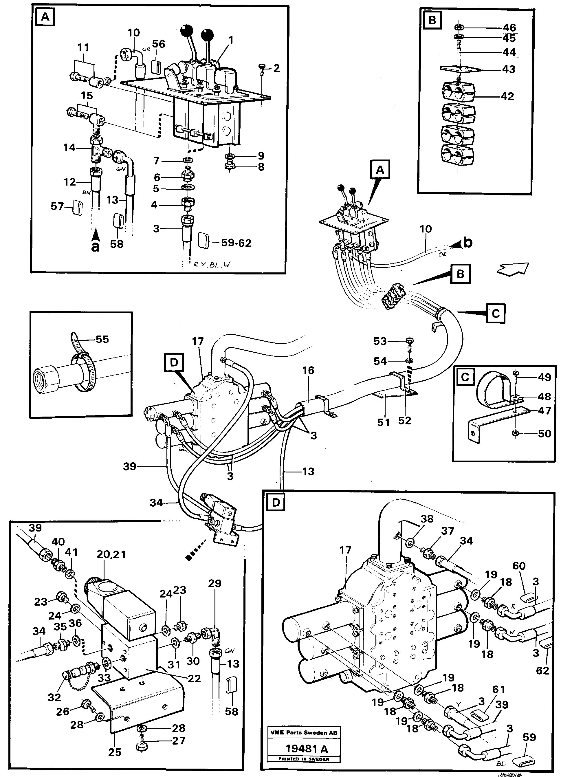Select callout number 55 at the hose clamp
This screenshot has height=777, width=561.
click(x=102, y=339)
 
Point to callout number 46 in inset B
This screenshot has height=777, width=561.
click(x=509, y=28)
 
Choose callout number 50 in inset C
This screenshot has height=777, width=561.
click(x=544, y=434)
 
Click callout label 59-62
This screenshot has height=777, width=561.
click(x=236, y=243)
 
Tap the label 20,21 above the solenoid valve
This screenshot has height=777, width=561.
click(x=111, y=554)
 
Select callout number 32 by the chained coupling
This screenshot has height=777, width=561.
click(x=54, y=697)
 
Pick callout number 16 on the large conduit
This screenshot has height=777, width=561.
click(x=308, y=370)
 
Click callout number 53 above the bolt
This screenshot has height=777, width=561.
click(x=380, y=341)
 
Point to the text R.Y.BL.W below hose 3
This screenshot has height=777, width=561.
click(x=212, y=265)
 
